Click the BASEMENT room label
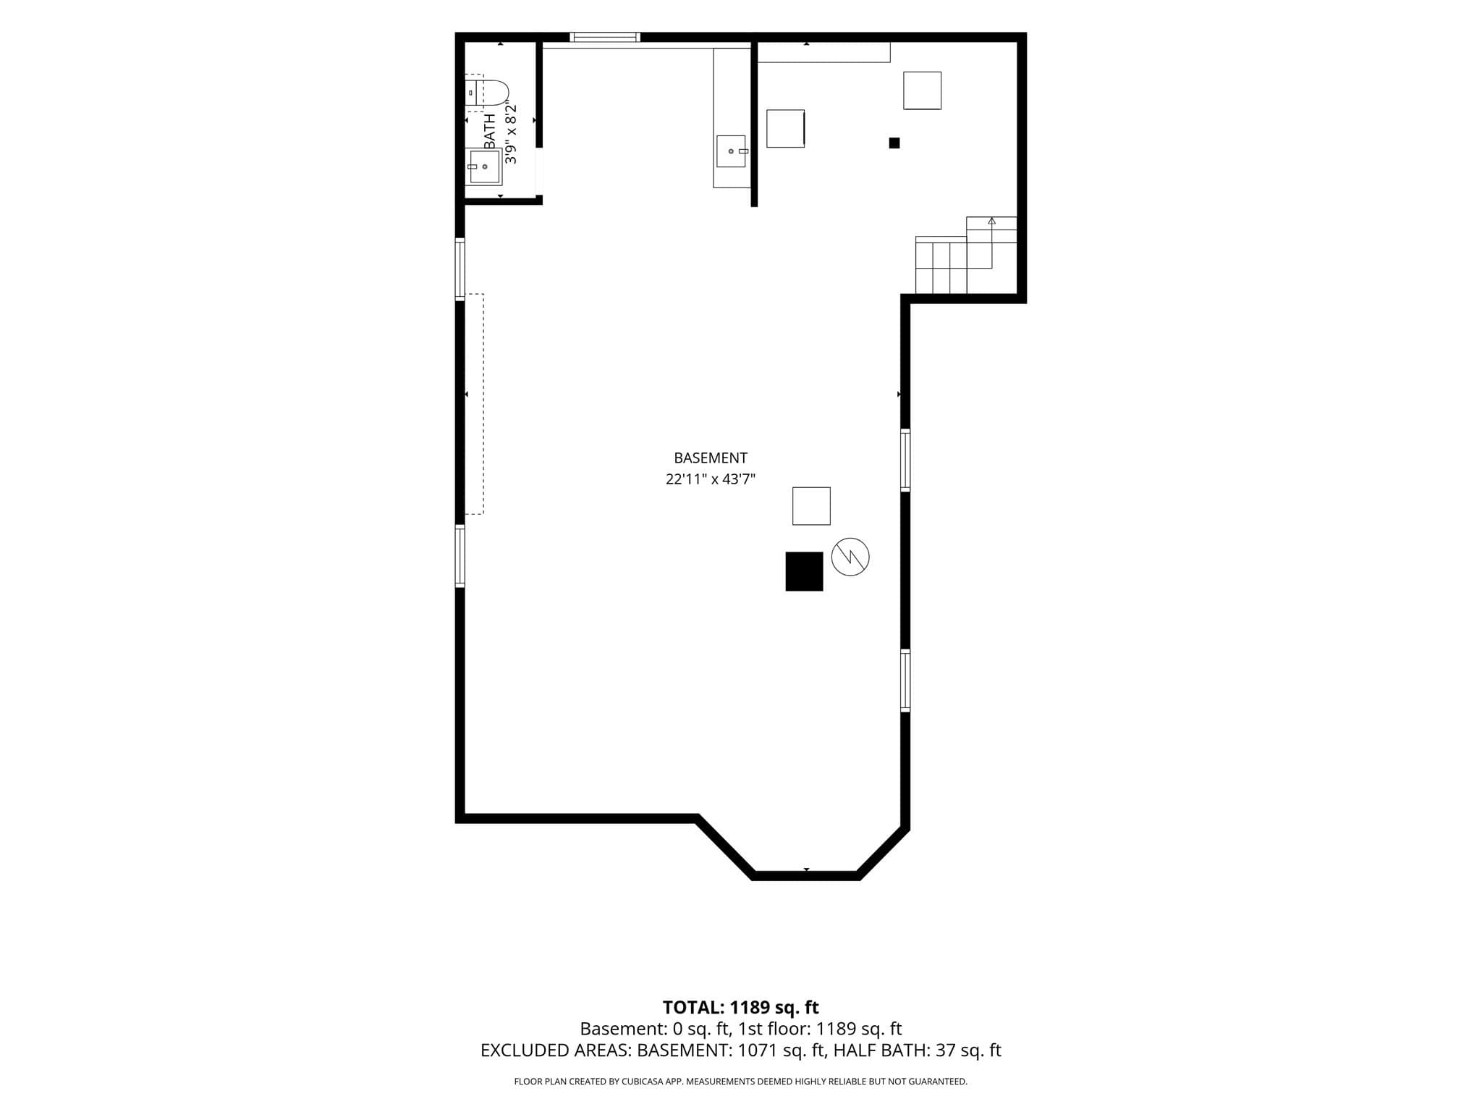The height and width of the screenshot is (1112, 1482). (x=710, y=458)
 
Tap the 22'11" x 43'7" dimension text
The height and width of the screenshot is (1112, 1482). (x=710, y=479)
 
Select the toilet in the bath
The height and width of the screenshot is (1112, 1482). (x=487, y=93)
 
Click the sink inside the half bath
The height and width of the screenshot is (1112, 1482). (x=484, y=167)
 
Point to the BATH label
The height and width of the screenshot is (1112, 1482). (x=490, y=131)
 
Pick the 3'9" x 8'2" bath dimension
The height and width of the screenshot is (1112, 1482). (x=511, y=134)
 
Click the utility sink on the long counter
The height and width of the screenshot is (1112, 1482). (x=732, y=151)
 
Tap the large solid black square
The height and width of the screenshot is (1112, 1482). (x=804, y=571)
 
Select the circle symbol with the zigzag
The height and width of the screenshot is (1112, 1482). (x=850, y=557)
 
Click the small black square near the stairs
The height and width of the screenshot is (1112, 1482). (x=894, y=143)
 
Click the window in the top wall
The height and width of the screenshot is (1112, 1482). (x=605, y=37)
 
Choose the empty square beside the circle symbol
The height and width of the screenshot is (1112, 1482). (x=811, y=506)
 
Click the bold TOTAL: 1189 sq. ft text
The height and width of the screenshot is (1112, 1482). (x=740, y=1007)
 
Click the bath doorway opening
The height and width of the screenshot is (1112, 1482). (x=539, y=172)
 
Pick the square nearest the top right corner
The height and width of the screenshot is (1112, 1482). (x=922, y=90)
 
